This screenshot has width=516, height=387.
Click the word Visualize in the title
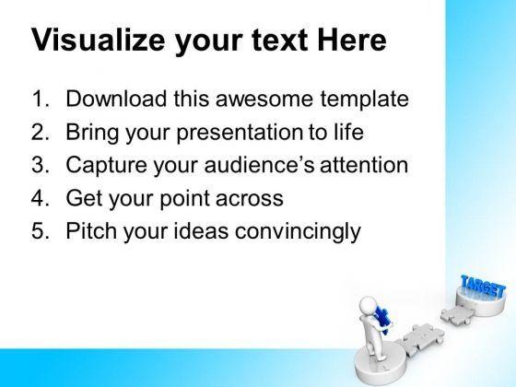click(x=98, y=41)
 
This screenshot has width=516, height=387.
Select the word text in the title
click(x=280, y=41)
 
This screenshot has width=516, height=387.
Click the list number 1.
click(x=41, y=99)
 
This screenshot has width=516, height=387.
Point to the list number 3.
click(x=41, y=164)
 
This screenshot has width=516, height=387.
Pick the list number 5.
click(x=41, y=230)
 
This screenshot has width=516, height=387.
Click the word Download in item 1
click(x=116, y=98)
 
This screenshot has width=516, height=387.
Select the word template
click(x=365, y=100)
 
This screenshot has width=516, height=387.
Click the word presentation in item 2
click(x=240, y=133)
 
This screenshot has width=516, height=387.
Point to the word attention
click(x=364, y=165)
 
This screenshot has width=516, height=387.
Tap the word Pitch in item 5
click(x=91, y=230)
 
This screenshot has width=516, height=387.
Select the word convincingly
click(x=298, y=231)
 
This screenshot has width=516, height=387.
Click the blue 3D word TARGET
click(x=483, y=287)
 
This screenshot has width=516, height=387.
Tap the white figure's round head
click(x=369, y=305)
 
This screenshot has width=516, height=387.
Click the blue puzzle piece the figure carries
click(x=382, y=319)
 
